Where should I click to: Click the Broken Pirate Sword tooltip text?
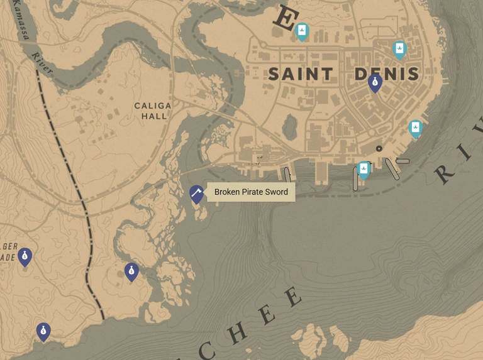pos(251,192)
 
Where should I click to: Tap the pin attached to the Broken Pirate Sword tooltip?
pos(197,194)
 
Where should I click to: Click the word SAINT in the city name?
pos(301,74)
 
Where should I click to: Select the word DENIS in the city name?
pos(386,74)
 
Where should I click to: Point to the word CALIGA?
pos(153,106)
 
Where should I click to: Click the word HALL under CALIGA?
pos(154,116)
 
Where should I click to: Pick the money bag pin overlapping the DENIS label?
pos(375,82)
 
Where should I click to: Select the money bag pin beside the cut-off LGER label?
pos(25,256)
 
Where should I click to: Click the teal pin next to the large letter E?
pos(302,31)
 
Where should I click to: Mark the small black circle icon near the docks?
pos(379,149)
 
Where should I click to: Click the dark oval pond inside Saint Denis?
pos(289,128)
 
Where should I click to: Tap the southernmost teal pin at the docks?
pos(364,170)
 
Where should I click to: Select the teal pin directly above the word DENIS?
pos(399,49)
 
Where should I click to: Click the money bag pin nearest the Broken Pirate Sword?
pos(131,271)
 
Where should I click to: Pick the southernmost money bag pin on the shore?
pos(43,331)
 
